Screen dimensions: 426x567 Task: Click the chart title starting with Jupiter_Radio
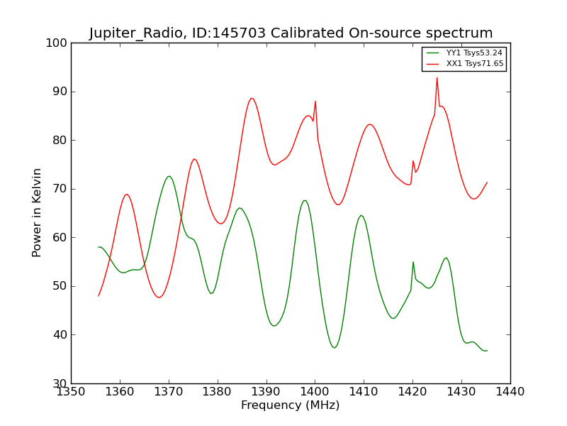[291, 33]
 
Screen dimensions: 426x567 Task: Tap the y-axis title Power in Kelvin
[37, 212]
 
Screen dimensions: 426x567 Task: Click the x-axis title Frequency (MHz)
[290, 405]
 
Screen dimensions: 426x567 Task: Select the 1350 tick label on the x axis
[71, 391]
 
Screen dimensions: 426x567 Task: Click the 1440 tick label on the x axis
[510, 391]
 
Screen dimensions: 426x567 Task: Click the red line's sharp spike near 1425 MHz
[437, 77]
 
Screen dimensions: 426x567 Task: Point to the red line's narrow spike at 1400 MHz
[315, 101]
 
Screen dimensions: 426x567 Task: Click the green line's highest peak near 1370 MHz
[169, 176]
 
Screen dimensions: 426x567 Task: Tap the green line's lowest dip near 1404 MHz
[335, 347]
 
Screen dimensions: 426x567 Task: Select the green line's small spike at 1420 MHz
[413, 261]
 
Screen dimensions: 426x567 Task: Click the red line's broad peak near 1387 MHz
[252, 98]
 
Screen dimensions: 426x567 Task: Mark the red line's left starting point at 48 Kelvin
[99, 295]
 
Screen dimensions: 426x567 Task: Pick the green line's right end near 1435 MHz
[487, 351]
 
